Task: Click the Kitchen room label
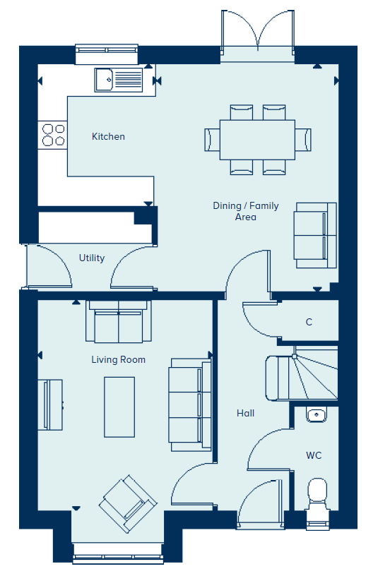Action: (x=108, y=137)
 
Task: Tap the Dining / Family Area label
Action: (x=246, y=211)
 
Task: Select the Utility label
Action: (x=92, y=258)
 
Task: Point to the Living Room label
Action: (x=119, y=359)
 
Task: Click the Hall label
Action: (x=246, y=413)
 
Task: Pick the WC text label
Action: (x=314, y=455)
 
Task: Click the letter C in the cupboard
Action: (x=309, y=322)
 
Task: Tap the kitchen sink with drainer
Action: (x=119, y=80)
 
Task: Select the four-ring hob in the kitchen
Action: (x=53, y=135)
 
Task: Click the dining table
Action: (x=257, y=140)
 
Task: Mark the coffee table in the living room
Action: (x=119, y=407)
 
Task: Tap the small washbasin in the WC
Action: (x=316, y=415)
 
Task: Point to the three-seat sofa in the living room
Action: (x=190, y=404)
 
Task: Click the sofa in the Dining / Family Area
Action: (x=315, y=235)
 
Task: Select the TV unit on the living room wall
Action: (x=50, y=404)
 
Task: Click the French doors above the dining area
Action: (x=257, y=33)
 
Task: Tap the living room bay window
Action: (x=118, y=558)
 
